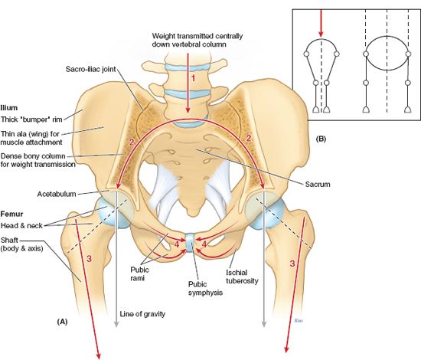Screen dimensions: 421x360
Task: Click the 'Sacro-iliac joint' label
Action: (x=90, y=69)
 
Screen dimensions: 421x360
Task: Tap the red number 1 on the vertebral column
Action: (x=192, y=78)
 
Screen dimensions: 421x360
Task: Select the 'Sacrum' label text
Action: (x=318, y=185)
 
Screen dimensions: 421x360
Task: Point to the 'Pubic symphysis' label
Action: (x=205, y=288)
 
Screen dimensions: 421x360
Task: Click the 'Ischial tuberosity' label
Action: (x=242, y=277)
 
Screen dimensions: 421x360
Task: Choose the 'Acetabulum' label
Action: (x=57, y=194)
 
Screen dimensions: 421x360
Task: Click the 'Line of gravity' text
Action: (x=142, y=313)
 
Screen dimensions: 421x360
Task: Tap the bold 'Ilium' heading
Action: (x=9, y=108)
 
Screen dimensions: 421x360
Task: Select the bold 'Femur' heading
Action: (x=11, y=214)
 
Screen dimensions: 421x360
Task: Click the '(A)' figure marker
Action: (x=62, y=322)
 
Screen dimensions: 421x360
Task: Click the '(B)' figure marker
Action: (x=321, y=139)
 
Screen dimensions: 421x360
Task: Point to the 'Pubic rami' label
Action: (x=139, y=273)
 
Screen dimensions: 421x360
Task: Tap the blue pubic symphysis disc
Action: (x=190, y=243)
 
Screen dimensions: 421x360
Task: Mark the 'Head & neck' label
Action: (x=21, y=225)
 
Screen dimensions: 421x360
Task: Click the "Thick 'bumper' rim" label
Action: (x=31, y=119)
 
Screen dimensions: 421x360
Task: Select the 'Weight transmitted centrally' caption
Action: (x=197, y=36)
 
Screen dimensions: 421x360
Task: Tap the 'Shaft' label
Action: (x=9, y=240)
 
